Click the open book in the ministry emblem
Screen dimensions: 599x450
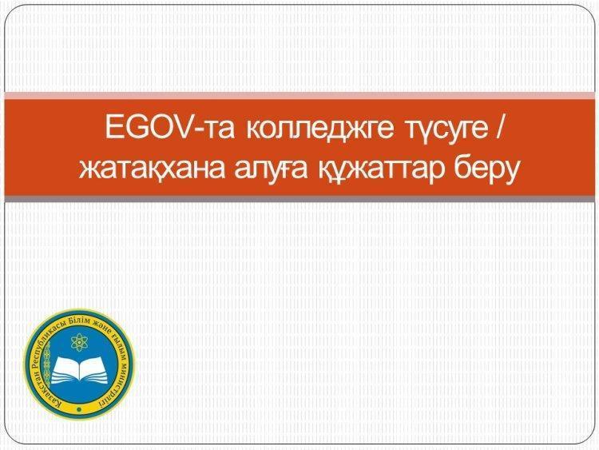click(x=79, y=370)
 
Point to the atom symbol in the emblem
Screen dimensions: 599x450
click(x=79, y=342)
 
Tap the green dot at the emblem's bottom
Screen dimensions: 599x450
click(x=79, y=409)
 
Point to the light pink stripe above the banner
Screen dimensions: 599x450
click(x=299, y=96)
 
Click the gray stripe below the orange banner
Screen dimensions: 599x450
click(x=299, y=198)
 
